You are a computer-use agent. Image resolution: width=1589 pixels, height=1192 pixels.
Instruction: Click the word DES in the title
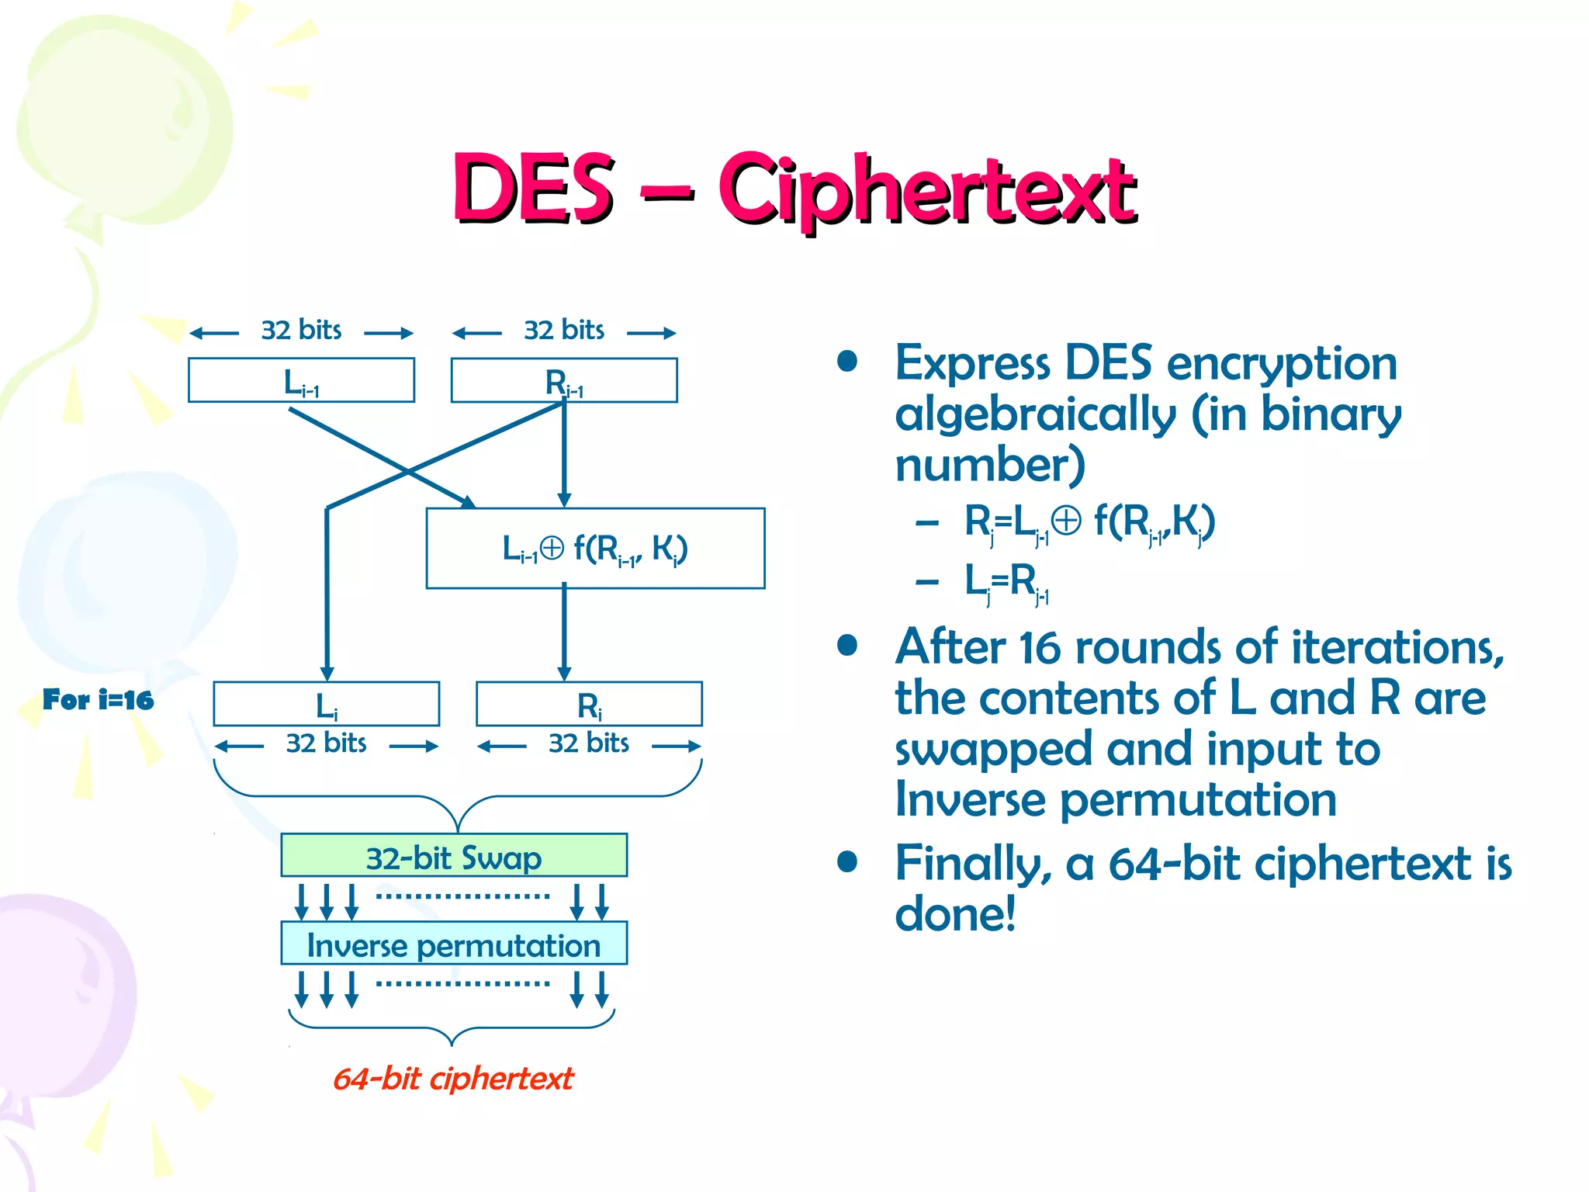click(x=534, y=188)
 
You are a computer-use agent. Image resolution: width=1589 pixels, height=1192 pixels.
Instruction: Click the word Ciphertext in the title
click(x=926, y=190)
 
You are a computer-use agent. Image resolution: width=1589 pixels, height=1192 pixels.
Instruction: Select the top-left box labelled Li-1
click(x=301, y=380)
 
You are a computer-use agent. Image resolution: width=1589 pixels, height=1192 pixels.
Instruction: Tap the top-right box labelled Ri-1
click(x=564, y=380)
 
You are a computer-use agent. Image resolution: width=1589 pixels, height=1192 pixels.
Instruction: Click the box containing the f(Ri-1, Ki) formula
click(x=595, y=548)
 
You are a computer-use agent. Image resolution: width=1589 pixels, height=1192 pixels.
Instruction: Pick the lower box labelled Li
click(x=326, y=704)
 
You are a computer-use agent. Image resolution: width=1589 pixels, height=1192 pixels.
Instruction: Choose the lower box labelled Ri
click(x=589, y=704)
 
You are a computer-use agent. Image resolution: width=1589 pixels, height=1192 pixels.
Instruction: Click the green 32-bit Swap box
click(x=454, y=856)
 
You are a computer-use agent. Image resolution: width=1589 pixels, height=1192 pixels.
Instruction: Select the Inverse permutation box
click(x=454, y=944)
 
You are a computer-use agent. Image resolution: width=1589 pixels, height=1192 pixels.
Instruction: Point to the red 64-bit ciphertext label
click(x=453, y=1079)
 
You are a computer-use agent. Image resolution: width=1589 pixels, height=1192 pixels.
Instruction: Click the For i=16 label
click(x=98, y=700)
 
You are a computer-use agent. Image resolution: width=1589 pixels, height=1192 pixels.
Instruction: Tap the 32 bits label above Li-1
click(x=301, y=331)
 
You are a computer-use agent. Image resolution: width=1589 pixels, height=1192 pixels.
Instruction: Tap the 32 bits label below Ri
click(x=589, y=743)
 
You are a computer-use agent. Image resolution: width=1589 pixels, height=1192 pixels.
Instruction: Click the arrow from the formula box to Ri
click(x=564, y=632)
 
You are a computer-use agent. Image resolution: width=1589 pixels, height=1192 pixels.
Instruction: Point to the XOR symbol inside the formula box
click(x=552, y=548)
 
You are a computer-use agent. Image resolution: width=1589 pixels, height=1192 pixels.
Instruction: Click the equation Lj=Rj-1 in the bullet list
click(x=1006, y=582)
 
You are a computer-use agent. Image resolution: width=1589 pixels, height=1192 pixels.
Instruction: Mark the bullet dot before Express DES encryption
click(x=847, y=362)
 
